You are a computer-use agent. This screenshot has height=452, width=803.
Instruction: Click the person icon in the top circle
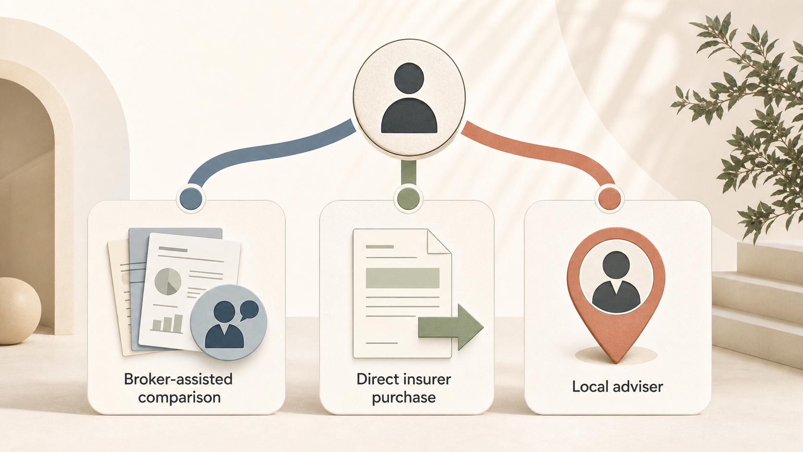[409, 98]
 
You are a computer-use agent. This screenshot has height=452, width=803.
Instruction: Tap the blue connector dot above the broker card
[191, 198]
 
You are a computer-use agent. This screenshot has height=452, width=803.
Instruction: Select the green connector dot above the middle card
[408, 198]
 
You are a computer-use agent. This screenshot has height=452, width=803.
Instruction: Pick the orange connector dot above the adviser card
[609, 198]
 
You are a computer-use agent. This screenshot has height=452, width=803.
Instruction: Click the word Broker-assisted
[178, 379]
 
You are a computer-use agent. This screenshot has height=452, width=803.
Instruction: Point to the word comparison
[179, 398]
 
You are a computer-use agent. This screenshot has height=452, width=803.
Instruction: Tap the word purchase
[403, 398]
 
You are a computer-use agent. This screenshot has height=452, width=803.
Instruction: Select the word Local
[590, 386]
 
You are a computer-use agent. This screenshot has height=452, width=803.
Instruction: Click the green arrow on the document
[451, 327]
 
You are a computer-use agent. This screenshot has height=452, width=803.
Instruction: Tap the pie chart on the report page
[168, 281]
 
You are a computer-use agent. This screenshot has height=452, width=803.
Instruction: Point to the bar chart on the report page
[167, 323]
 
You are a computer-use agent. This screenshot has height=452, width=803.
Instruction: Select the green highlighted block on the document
[402, 278]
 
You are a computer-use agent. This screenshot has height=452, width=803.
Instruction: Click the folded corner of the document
[439, 241]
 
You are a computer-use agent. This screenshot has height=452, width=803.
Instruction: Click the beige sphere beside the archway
[19, 311]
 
